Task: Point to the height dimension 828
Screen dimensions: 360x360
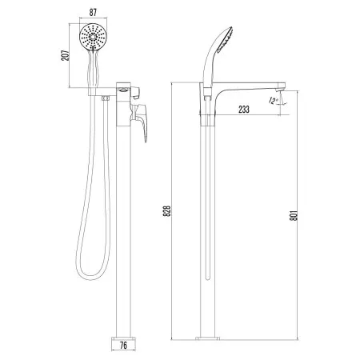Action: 166,211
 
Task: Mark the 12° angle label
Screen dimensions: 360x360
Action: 276,101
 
